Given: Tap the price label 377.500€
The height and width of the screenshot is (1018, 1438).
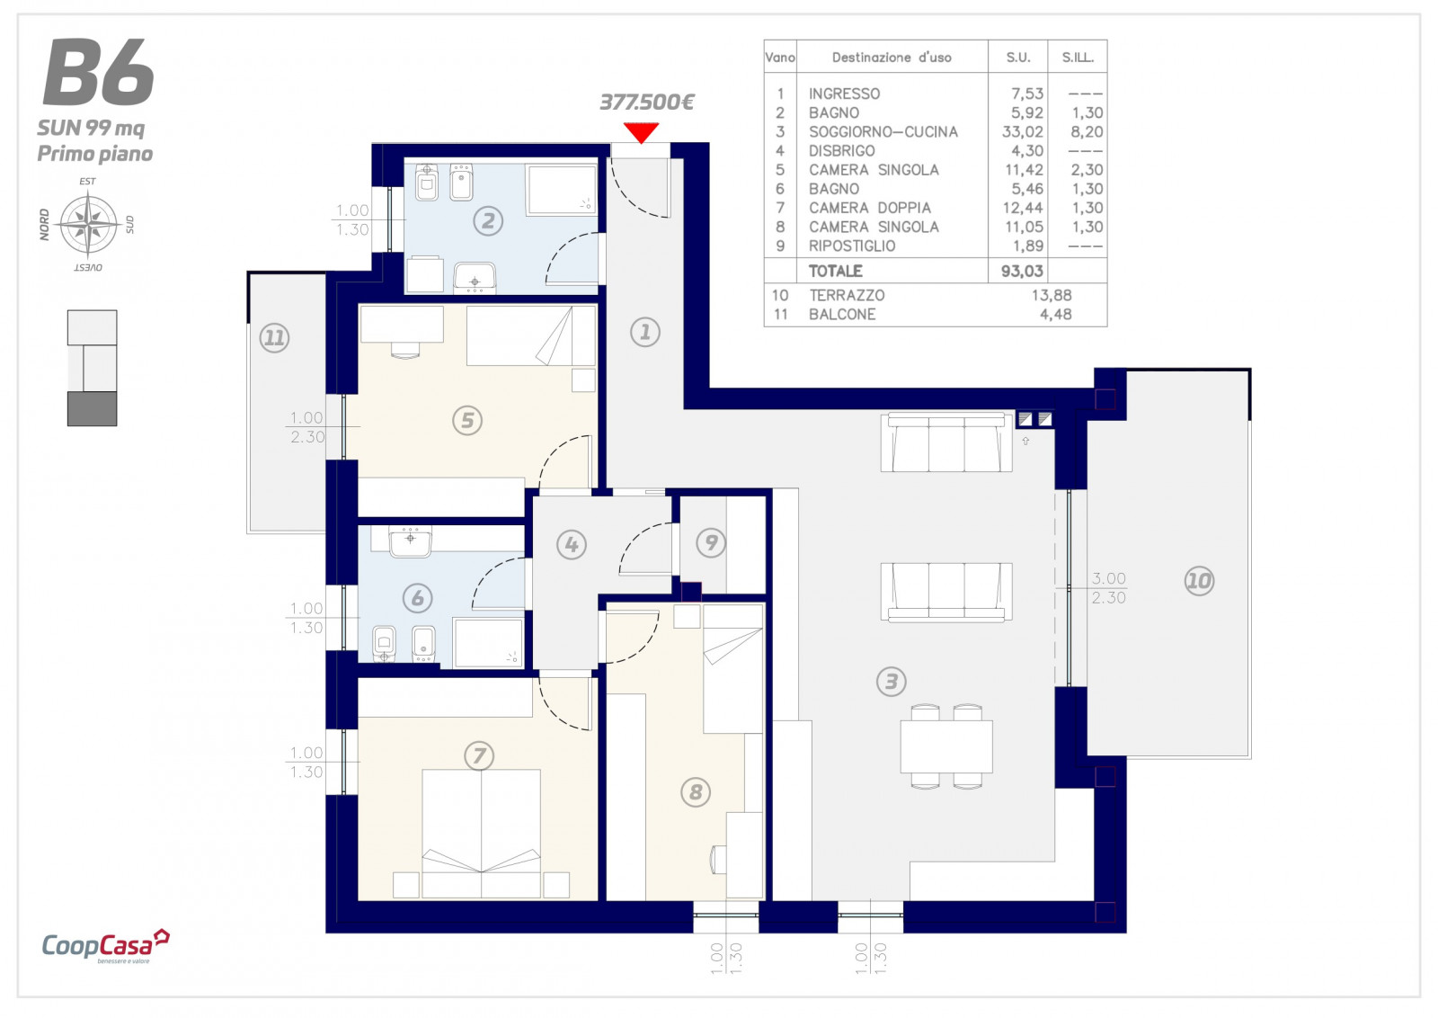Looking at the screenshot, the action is pos(646,103).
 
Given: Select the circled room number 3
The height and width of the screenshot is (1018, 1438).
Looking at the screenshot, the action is pos(891,682).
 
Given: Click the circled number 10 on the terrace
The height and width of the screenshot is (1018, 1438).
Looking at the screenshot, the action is pos(1199,581).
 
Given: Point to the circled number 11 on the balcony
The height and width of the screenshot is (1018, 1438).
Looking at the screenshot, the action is pos(274,338).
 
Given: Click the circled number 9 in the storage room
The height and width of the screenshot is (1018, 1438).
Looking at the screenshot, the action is pos(711,543).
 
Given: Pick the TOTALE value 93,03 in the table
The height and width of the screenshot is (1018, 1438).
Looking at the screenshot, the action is pos(1022,271).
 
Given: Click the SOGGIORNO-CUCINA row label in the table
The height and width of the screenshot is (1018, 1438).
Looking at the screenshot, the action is pos(883,131).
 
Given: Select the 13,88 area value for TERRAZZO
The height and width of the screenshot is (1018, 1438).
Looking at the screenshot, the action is pos(1051,296).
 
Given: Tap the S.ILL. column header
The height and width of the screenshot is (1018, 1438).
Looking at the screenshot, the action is pos(1078,58).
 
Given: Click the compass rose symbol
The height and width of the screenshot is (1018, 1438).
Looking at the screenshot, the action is pos(88,224).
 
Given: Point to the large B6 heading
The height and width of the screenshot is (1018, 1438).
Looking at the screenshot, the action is pos(98,72).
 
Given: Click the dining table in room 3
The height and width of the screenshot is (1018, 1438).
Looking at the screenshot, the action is pos(946,747).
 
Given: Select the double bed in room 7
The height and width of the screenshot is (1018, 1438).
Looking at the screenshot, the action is pos(481,833).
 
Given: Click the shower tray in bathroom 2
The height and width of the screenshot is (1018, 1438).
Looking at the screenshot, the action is pos(562,190).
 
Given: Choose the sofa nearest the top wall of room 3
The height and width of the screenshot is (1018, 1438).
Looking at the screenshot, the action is pos(946,442).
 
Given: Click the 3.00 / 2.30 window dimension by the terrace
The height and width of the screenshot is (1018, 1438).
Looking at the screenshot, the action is pos(1109,588).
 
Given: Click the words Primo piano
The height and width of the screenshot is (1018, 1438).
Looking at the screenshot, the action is pos(95,154).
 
